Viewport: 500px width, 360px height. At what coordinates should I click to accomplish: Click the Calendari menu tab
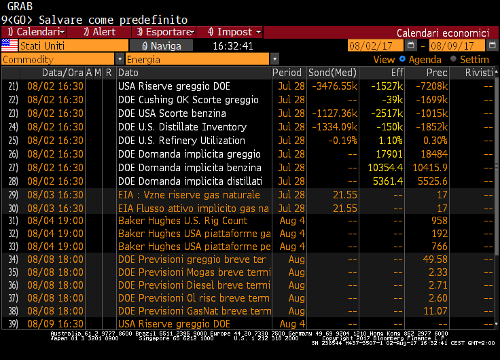coord(34,32)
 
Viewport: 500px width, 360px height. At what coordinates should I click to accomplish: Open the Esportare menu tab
coord(165,32)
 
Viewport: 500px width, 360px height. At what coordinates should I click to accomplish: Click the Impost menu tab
coord(231,32)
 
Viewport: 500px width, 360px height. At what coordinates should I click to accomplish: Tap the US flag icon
coord(10,46)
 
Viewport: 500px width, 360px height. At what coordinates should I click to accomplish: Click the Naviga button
coord(162,46)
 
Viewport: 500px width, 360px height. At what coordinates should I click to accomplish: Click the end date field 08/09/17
coord(457,46)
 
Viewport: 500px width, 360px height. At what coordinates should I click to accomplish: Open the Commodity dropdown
coord(62,59)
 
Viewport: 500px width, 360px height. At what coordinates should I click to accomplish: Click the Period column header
coord(287,73)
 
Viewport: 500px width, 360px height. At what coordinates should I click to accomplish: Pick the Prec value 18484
coord(435,154)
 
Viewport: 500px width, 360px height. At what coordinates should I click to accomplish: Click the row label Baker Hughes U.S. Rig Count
coord(182,221)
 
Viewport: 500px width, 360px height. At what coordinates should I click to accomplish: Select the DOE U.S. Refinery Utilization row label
coord(181,141)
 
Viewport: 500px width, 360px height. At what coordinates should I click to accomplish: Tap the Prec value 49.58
coord(435,259)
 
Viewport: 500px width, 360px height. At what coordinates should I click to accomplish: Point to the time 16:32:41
coord(233,46)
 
